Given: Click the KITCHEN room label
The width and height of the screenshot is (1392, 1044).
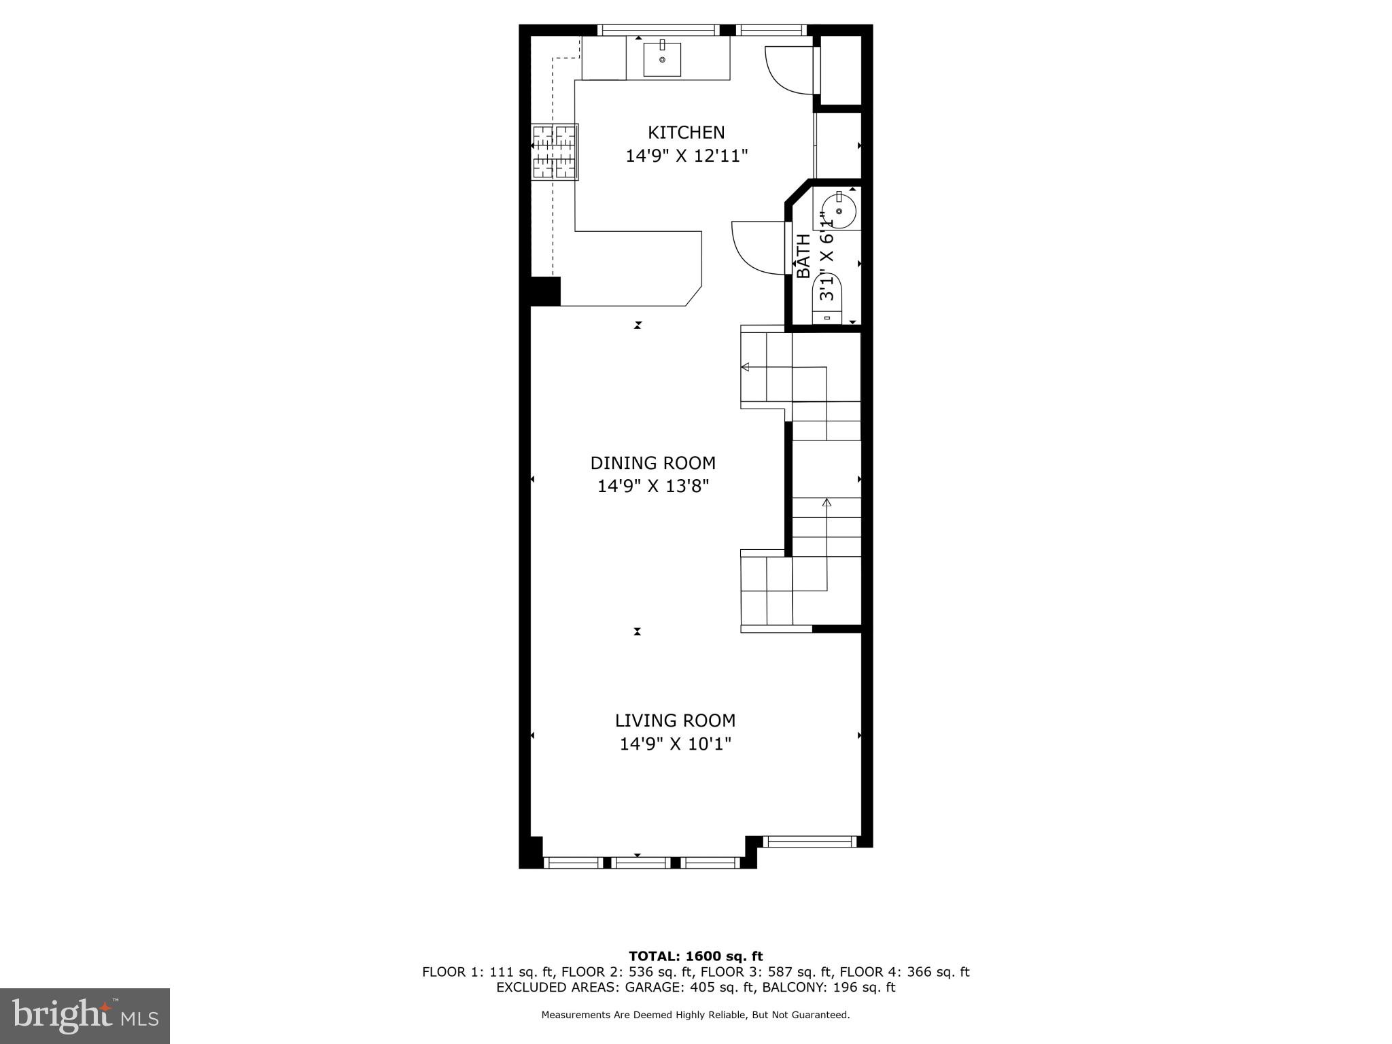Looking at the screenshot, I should tap(686, 132).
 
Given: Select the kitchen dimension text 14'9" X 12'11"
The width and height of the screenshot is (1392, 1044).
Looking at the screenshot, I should tap(686, 156).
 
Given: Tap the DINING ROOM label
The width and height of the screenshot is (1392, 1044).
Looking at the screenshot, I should tap(652, 463).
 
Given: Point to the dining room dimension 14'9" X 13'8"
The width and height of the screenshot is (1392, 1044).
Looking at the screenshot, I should tap(652, 487).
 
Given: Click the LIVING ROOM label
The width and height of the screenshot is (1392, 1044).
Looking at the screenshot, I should tap(675, 720).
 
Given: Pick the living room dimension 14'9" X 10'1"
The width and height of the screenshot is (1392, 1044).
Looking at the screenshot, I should tap(675, 744).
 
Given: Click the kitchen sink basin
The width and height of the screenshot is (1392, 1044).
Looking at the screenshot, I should tap(662, 60).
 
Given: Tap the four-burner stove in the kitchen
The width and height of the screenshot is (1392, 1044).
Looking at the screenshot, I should tap(555, 152).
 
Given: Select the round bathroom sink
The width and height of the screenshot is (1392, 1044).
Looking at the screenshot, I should tap(840, 211).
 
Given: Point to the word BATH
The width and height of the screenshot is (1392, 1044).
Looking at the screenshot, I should tap(803, 256).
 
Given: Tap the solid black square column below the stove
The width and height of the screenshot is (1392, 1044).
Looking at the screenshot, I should tap(545, 291).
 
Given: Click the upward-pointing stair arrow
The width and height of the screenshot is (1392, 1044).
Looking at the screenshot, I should tap(826, 503).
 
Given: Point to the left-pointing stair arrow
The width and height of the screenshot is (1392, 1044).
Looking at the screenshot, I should tap(745, 367).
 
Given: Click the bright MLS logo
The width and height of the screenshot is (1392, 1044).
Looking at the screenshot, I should tap(85, 1016).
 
